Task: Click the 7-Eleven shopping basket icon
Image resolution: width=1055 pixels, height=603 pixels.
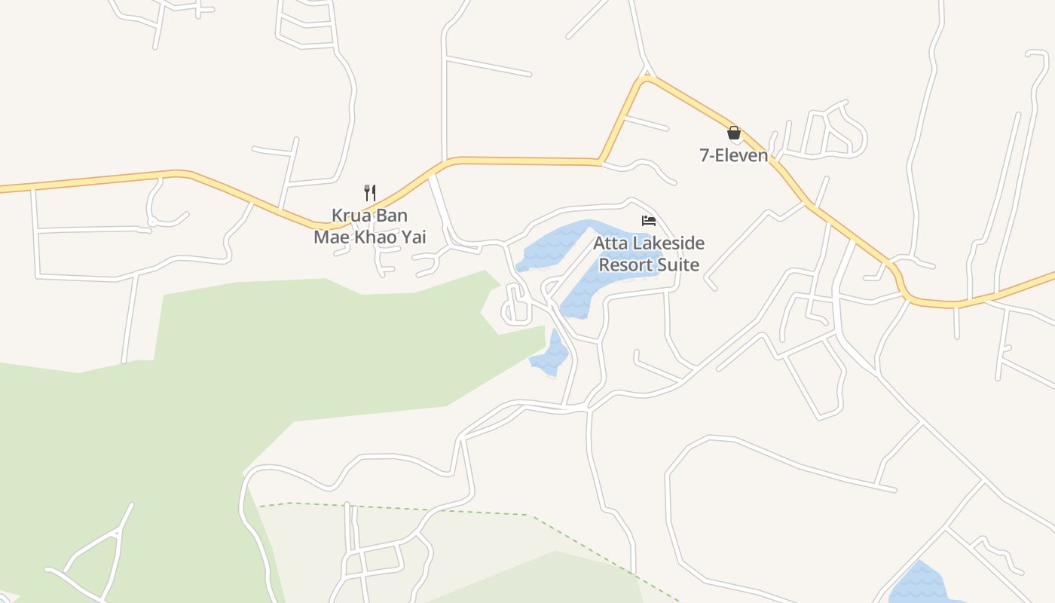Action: tap(734, 133)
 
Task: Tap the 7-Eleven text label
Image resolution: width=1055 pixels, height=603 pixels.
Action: tap(734, 155)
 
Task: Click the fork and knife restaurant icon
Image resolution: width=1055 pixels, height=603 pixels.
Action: tap(370, 192)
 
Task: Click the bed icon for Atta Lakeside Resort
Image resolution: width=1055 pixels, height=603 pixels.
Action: tap(648, 221)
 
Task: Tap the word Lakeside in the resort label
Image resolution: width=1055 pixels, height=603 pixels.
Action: tap(664, 243)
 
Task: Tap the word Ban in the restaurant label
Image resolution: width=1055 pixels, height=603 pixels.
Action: tap(391, 216)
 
